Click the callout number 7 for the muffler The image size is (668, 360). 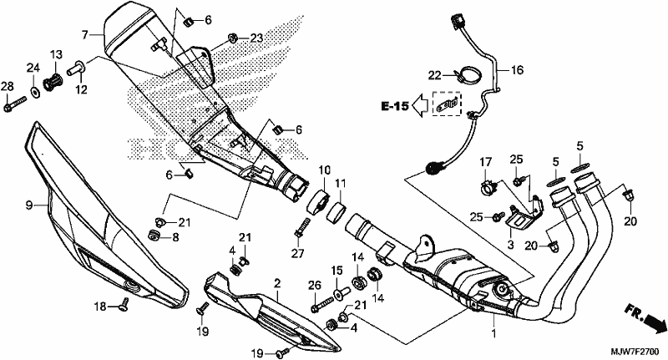pos(85,34)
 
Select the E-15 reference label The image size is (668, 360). pos(394,106)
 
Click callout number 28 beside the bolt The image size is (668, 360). pos(7,87)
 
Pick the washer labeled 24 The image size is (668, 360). pos(34,90)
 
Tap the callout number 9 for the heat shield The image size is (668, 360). pos(28,205)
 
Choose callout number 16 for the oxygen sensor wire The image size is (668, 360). pos(517,70)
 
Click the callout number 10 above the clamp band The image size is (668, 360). pos(324,170)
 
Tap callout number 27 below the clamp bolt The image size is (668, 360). pos(298,253)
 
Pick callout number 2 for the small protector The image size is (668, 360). pos(277,283)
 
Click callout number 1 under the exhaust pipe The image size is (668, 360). pos(494,333)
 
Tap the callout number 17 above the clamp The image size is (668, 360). pos(486,162)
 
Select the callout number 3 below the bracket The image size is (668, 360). pos(510,245)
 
